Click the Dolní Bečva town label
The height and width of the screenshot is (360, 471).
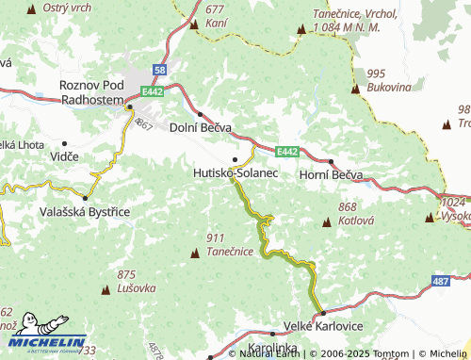pos(201,127)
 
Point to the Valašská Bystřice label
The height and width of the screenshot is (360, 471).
pos(85,213)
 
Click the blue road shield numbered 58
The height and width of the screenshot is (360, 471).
pos(159,70)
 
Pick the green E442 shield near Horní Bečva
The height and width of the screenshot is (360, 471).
pos(288,151)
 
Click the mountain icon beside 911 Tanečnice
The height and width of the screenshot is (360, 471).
pos(196,252)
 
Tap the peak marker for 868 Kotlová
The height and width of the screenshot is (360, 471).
pos(327,222)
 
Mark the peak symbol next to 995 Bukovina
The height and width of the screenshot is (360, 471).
pos(356,90)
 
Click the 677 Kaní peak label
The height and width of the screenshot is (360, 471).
pos(216,15)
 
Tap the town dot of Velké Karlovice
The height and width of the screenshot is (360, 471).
pos(321,313)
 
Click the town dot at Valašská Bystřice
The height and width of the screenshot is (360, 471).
pos(85,198)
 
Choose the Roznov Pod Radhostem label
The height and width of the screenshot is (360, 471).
pos(90,92)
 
